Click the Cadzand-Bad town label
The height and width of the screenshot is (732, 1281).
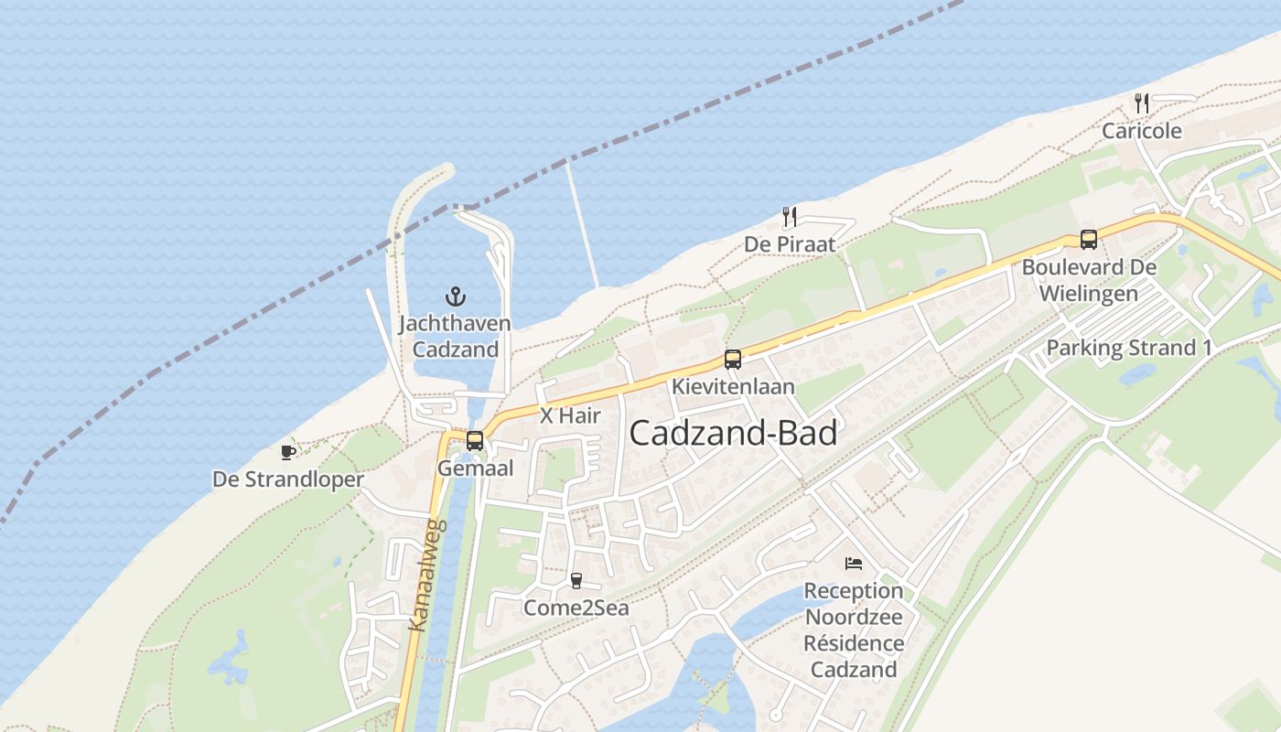coord(733,433)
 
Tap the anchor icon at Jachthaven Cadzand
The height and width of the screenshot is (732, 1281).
coord(455,296)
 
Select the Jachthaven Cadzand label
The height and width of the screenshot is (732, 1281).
coord(455,337)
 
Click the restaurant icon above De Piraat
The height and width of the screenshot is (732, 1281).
coord(790,217)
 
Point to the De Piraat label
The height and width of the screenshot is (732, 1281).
coord(790,244)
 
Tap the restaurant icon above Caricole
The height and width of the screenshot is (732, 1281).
coord(1141,103)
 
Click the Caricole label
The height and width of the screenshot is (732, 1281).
coord(1141,131)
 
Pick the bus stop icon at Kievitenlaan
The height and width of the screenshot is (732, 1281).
coord(732,360)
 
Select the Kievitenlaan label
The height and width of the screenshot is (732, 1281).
coord(733,386)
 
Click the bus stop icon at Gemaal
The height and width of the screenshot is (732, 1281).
coord(475,441)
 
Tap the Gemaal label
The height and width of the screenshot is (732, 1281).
coord(475,468)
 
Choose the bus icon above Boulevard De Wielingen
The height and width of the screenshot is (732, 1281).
coord(1089,240)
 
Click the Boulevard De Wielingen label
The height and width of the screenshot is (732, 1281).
coord(1089,280)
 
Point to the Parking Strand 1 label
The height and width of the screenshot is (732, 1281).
coord(1122,348)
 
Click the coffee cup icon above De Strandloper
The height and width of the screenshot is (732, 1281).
coord(287,452)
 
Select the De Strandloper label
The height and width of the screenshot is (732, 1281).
coord(288,479)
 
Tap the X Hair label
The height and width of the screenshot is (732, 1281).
coord(570,415)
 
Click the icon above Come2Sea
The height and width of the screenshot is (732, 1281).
coord(576,580)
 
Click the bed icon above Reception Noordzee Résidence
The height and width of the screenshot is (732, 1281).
coord(854,564)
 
